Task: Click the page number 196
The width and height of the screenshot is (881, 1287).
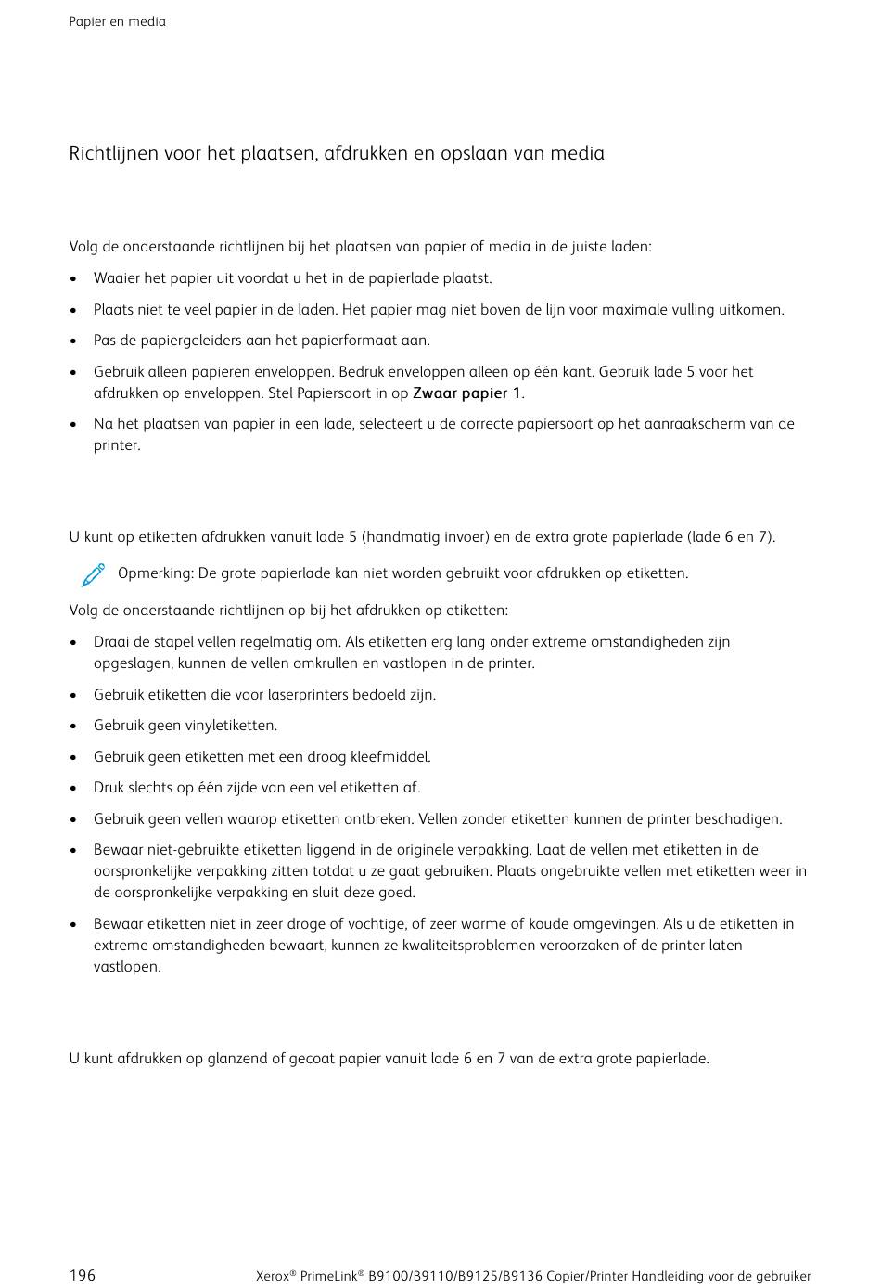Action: (x=82, y=1275)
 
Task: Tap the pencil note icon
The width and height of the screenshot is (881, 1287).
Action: (x=93, y=575)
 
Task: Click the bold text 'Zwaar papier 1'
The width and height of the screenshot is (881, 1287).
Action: (x=466, y=393)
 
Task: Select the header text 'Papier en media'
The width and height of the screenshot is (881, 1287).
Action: (x=117, y=21)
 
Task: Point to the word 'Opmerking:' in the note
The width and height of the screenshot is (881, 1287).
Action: (x=155, y=573)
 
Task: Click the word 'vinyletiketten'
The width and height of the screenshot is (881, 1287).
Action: (x=229, y=726)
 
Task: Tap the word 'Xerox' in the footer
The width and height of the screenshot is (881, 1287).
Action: (x=272, y=1276)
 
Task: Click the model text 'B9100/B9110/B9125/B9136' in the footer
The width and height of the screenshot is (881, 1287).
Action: (x=455, y=1276)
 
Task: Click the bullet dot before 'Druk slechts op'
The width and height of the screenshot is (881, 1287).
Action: (x=73, y=789)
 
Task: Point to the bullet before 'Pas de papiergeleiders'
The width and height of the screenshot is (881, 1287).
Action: (x=73, y=341)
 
